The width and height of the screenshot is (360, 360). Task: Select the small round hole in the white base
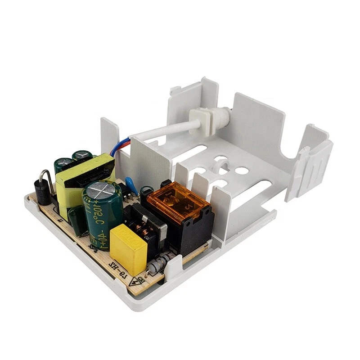[x=242, y=171]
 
